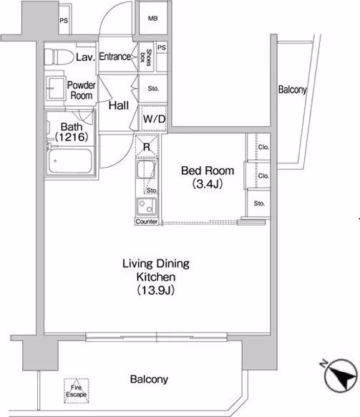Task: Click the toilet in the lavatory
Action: [x=59, y=57]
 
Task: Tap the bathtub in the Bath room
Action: [x=70, y=161]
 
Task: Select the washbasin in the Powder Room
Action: [x=55, y=88]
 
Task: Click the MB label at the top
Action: [x=152, y=19]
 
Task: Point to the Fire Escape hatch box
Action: [x=77, y=391]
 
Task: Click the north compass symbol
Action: [x=341, y=375]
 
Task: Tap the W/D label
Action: [x=154, y=119]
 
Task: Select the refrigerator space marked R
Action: [x=147, y=147]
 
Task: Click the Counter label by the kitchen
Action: [x=147, y=221]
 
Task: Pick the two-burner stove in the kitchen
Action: [x=147, y=206]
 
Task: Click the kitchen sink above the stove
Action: [x=146, y=169]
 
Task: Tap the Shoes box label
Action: [x=146, y=57]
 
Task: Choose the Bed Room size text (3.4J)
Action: [x=208, y=183]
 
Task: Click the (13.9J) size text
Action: [x=156, y=290]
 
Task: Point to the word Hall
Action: [x=119, y=105]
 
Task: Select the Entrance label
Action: [x=115, y=57]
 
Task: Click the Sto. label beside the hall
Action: [x=153, y=89]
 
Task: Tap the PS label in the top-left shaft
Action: [x=64, y=21]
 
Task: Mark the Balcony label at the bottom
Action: [x=149, y=379]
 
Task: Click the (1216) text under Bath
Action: [x=72, y=137]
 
